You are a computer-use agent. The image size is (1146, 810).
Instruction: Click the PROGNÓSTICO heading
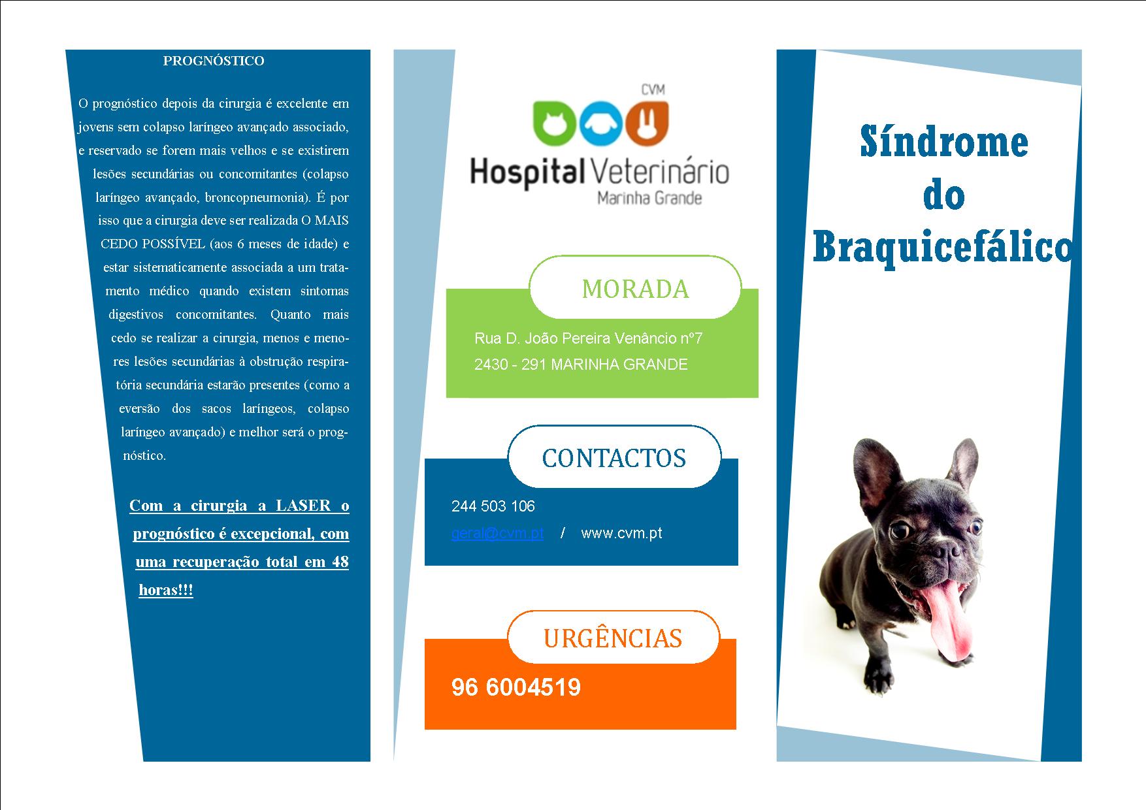point(214,61)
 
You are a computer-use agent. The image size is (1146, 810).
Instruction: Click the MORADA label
point(635,289)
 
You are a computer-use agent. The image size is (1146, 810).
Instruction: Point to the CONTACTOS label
point(614,458)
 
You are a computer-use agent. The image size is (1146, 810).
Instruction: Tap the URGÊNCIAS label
point(613,638)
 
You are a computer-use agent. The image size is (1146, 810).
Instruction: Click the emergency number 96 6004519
point(516,687)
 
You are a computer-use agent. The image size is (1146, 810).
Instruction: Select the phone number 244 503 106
point(493,506)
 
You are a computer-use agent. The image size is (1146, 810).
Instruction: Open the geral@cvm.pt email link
point(497,533)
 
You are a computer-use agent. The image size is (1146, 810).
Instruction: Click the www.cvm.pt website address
point(621,533)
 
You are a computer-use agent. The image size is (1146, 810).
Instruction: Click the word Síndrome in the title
point(944,142)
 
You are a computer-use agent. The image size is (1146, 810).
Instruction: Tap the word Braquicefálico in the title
point(942,248)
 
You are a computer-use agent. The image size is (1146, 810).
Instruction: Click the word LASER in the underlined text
point(304,506)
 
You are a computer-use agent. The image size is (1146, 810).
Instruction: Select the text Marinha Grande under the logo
point(649,198)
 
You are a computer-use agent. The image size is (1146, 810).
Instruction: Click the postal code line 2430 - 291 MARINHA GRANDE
point(581,364)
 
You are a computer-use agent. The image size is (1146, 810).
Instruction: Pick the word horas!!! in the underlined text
point(166,590)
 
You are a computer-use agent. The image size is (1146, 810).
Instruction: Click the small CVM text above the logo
point(652,90)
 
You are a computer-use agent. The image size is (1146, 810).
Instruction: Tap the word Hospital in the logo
point(528,172)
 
